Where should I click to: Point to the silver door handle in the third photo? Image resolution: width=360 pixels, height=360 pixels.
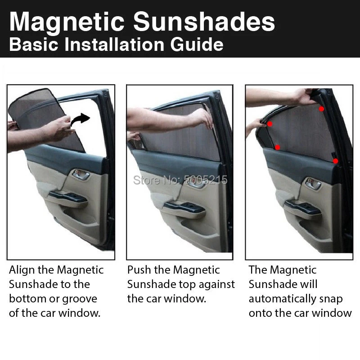312,183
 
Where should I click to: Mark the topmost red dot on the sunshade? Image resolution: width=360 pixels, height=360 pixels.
321,108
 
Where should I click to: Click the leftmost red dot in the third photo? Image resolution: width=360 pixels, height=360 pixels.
270,124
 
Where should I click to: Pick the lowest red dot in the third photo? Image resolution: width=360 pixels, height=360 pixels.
336,161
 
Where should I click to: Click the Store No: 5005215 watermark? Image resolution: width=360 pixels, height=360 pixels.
180,180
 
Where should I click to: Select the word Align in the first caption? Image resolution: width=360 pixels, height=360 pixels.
21,270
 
